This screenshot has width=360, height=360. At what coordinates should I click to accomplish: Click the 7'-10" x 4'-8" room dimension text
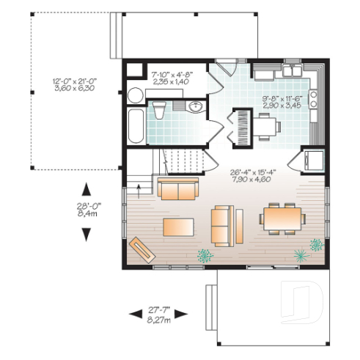(172, 78)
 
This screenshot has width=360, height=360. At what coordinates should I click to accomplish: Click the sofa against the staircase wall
(177, 188)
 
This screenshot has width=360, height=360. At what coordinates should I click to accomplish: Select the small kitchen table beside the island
(267, 125)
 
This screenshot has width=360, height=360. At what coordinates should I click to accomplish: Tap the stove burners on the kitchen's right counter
(314, 95)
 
